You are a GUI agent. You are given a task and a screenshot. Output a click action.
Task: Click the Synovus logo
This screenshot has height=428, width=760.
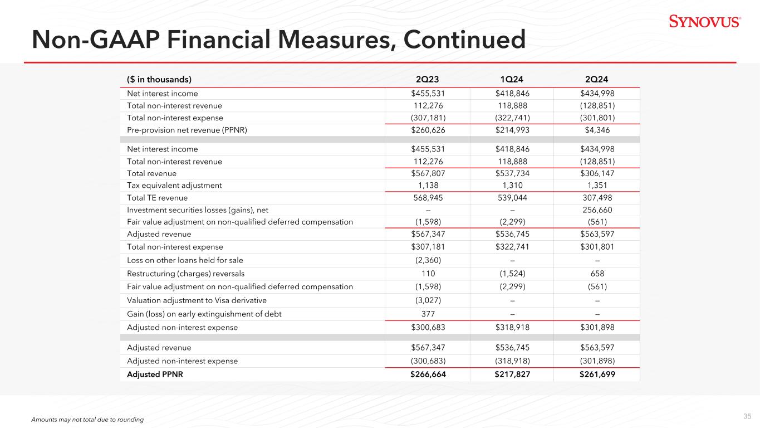(x=704, y=22)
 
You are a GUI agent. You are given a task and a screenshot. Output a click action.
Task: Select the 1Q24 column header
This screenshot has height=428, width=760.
(x=512, y=79)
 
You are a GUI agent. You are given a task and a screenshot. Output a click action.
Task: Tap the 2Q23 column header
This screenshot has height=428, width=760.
(x=427, y=79)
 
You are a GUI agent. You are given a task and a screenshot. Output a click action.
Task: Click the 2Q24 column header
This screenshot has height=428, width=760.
(x=597, y=79)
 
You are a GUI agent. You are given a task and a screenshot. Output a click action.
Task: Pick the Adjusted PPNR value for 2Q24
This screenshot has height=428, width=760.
(x=597, y=374)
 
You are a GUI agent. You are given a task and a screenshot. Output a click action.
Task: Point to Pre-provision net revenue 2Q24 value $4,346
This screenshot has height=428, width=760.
(x=597, y=130)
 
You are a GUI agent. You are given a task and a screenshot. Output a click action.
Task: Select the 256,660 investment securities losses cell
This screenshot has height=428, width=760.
(x=597, y=210)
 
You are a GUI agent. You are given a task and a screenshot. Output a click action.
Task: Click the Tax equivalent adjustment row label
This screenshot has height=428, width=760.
(x=174, y=185)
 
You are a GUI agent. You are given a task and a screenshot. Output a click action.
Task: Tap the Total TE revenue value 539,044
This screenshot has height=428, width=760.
(x=512, y=198)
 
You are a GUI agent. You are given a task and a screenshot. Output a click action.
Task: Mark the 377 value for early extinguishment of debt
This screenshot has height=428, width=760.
(x=427, y=314)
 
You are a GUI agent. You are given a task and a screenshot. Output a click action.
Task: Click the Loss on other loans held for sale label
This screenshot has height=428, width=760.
(x=185, y=260)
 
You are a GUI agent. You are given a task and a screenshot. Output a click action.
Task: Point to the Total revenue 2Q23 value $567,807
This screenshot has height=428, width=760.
(x=427, y=173)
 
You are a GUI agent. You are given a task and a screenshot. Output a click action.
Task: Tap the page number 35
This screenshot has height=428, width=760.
(x=747, y=416)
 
